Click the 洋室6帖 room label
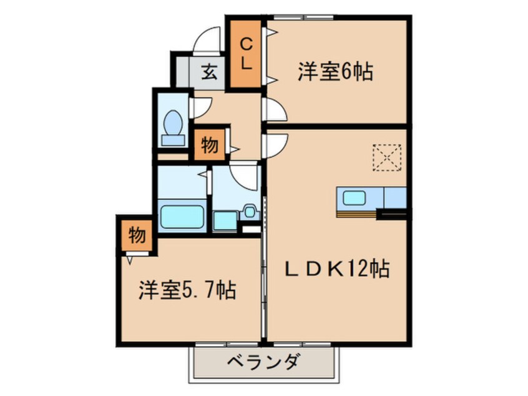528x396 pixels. point(335,72)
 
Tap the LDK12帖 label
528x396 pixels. point(338,269)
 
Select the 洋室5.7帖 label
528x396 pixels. point(187,290)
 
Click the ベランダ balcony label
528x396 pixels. point(263,362)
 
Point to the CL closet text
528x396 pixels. point(246,54)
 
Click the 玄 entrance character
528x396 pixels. point(209,72)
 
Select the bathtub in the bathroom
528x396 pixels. point(182,216)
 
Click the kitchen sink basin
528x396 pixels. point(354,197)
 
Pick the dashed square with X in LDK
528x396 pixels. point(387,157)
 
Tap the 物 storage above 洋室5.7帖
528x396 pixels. point(137,235)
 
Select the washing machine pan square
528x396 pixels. point(225,221)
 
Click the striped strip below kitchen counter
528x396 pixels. point(356,214)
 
